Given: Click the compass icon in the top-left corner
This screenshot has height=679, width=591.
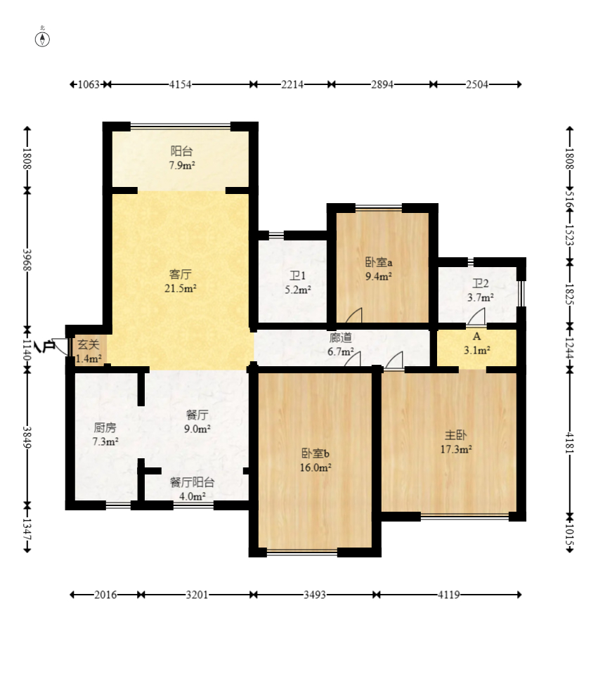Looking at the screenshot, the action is coord(42,37).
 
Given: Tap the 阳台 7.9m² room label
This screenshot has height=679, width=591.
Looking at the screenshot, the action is coord(181,158).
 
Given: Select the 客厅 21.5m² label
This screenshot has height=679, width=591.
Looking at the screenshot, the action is coord(181,281).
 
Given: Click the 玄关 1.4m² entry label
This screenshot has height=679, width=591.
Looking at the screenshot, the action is coord(89,351).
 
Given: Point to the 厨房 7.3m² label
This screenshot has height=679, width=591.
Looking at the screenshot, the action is coord(105,435).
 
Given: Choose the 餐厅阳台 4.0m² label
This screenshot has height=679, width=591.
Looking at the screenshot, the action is coord(193,489).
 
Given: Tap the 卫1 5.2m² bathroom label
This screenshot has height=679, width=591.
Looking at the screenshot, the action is coord(298,283).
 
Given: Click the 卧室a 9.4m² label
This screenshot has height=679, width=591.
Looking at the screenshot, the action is coord(379,269).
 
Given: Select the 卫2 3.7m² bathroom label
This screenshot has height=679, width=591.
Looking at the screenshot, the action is coord(481,290).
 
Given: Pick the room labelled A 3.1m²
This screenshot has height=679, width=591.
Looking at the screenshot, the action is coord(476,344).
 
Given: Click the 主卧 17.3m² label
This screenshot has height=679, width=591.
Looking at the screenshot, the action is coord(456,441).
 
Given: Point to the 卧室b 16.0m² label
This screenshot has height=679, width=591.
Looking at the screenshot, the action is coord(316,460).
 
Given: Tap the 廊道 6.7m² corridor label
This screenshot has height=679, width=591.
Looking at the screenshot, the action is coord(341,344).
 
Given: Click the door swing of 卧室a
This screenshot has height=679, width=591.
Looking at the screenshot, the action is coord(353,315).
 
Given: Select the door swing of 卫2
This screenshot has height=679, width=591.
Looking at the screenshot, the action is coord(476,316).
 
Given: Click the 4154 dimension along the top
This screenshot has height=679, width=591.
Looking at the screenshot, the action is coord(180,84).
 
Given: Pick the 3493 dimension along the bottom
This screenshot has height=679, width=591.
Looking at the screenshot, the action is coord(315,595).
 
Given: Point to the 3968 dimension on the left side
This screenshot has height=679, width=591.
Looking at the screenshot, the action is coord(27,259).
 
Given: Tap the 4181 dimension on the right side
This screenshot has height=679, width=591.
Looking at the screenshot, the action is coord(570,443).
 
